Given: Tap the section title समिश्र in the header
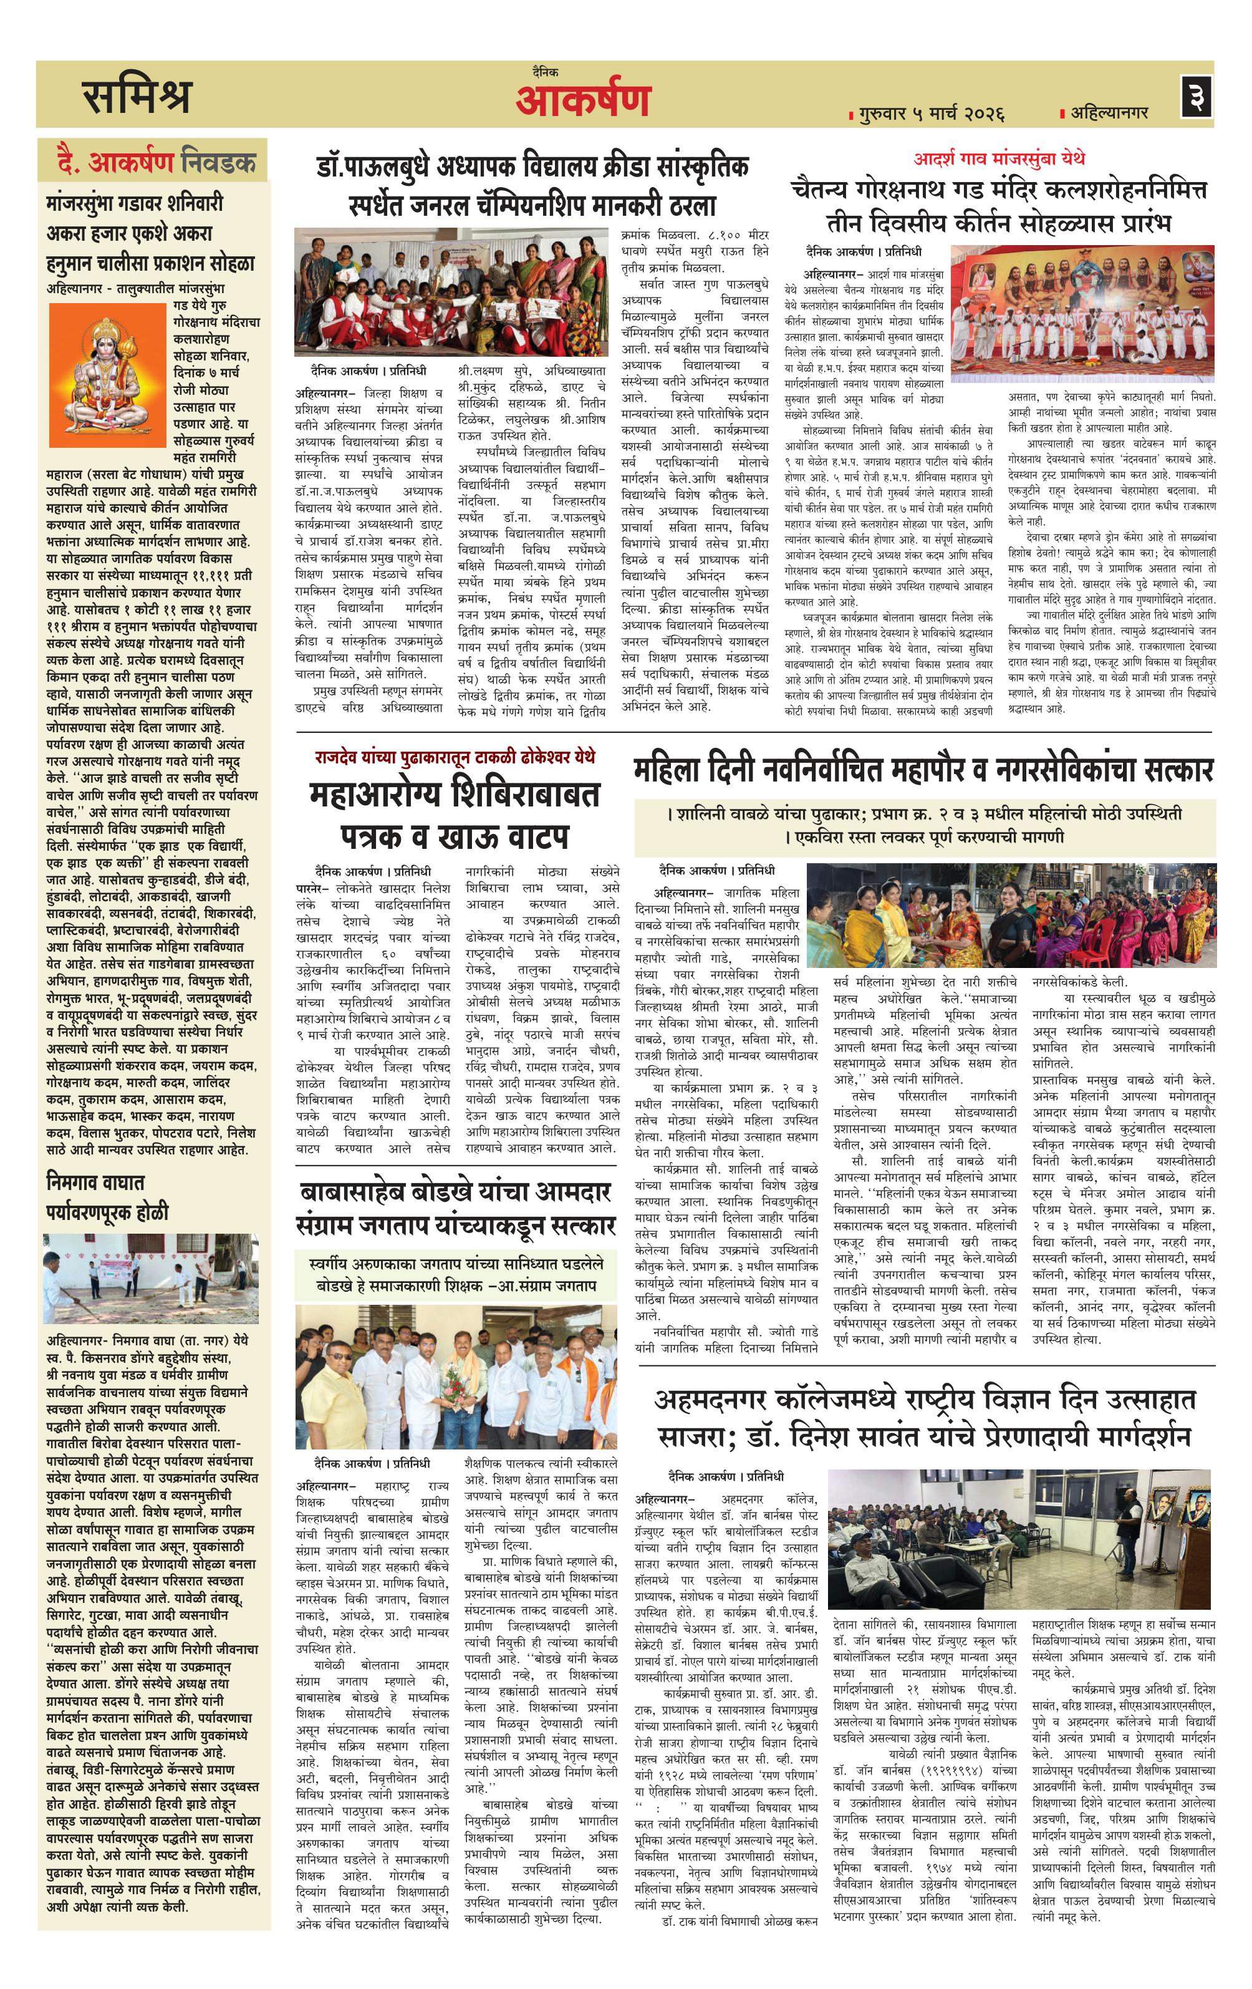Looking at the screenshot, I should point(137,97).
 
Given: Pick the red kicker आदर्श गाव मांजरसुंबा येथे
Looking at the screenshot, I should point(998,158).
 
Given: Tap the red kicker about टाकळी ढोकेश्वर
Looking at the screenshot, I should point(454,757).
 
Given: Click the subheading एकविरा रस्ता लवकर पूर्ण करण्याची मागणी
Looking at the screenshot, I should point(923,837).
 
